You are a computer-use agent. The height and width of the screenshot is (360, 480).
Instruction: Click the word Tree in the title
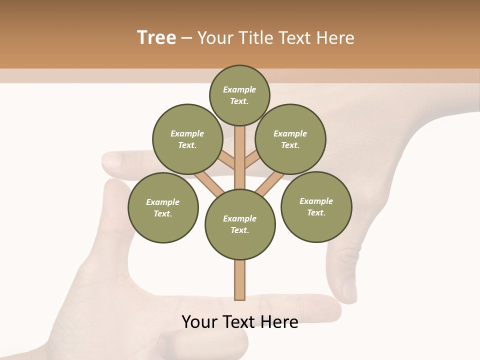point(156,37)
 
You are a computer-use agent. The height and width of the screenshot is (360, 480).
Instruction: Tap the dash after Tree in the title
point(186,38)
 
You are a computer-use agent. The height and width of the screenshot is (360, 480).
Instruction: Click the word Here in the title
point(334,38)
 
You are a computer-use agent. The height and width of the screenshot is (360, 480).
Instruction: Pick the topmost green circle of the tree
point(239,95)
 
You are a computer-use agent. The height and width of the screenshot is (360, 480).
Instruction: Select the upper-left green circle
point(187,139)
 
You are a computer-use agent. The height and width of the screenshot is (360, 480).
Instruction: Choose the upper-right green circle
point(290,139)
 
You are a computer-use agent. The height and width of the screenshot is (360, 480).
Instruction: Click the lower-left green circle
point(163,207)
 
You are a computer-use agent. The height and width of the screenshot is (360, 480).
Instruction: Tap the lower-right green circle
point(316,206)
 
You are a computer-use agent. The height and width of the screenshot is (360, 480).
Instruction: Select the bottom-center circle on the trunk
point(240,224)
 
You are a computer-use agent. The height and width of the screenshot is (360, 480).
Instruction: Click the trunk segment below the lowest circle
point(240,280)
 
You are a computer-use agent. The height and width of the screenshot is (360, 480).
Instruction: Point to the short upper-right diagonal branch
point(252,159)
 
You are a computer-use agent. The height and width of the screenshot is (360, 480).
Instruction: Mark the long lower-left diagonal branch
point(209,183)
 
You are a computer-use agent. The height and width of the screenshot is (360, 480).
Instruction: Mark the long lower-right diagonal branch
point(270,183)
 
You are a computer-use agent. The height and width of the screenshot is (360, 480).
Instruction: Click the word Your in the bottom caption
point(200,322)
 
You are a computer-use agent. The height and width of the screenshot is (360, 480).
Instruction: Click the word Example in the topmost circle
point(239,90)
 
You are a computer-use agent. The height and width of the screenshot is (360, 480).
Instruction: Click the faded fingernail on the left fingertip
point(112,160)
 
